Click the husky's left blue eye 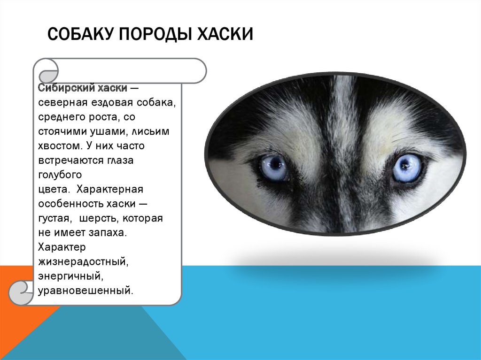[x=275, y=168]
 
